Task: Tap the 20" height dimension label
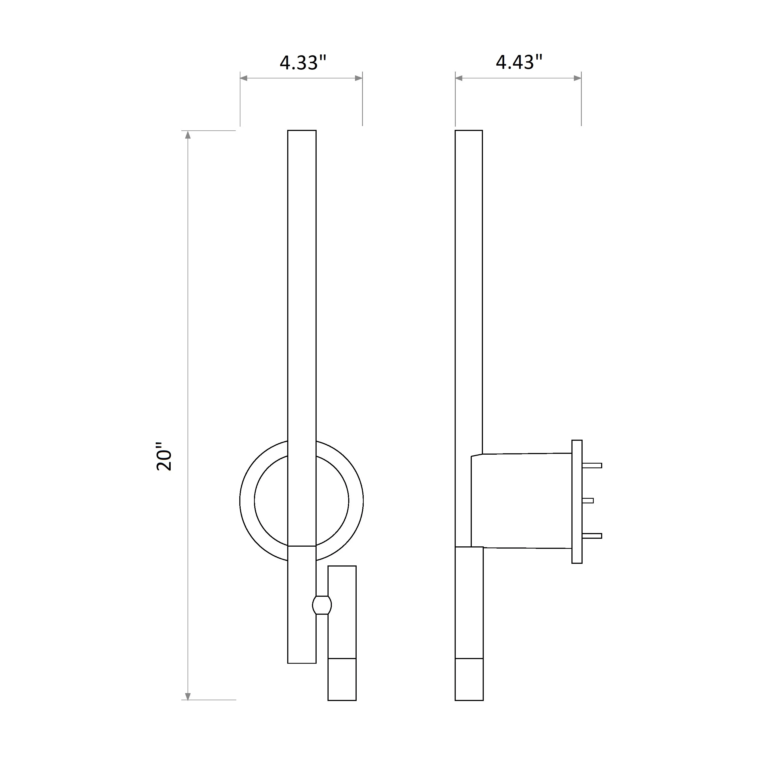(164, 457)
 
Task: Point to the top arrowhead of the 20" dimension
(188, 135)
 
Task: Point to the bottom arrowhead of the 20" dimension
(188, 696)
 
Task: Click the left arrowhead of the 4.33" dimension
(244, 78)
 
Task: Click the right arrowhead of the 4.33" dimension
(358, 78)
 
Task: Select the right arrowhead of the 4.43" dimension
(577, 78)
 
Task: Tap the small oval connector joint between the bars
(322, 605)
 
